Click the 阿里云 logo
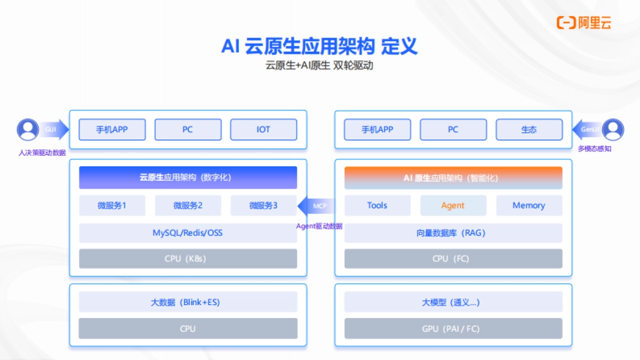pos(583,22)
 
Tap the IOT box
pos(263,130)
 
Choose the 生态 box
pos(529,130)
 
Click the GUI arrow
pos(53,129)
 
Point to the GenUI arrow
pos(587,129)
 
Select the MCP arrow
pos(317,206)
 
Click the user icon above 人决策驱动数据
pos(28,130)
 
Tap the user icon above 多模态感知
pos(613,130)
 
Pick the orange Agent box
pos(453,205)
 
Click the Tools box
pos(377,205)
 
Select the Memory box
pos(529,205)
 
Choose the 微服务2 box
pos(188,205)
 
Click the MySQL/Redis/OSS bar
pos(188,233)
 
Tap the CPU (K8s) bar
pos(188,259)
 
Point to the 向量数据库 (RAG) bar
pos(453,233)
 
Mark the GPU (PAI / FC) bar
pos(453,329)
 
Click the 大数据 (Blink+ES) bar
pos(188,302)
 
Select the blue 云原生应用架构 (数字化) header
pos(188,178)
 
